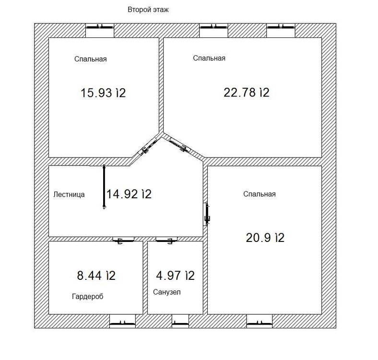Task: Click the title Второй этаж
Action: tap(148, 10)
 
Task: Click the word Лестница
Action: tap(69, 194)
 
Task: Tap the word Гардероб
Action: tap(87, 296)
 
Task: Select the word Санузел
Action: tap(167, 292)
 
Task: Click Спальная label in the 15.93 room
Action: tap(90, 59)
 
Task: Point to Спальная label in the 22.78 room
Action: tap(209, 58)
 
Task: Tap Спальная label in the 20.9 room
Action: tap(259, 194)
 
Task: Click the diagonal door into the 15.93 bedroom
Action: tap(149, 146)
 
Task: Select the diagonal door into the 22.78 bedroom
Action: tap(178, 145)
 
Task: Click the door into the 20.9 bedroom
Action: tap(206, 214)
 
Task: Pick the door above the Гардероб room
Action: tap(123, 240)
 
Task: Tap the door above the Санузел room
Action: tap(166, 240)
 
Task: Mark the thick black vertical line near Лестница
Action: tap(104, 187)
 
